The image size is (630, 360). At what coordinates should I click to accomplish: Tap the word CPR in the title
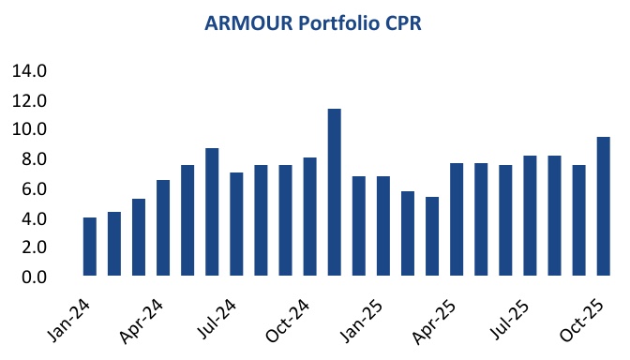point(404,24)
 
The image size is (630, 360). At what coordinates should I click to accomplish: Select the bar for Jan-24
point(90,247)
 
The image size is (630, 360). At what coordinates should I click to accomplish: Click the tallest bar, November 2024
point(334,192)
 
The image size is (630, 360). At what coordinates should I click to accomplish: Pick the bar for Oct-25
point(603,206)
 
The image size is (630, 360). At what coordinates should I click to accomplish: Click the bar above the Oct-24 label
point(309,217)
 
